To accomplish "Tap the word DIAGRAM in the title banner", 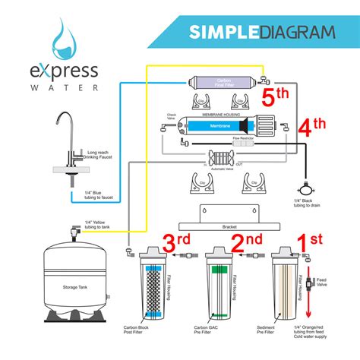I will [x=298, y=32].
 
